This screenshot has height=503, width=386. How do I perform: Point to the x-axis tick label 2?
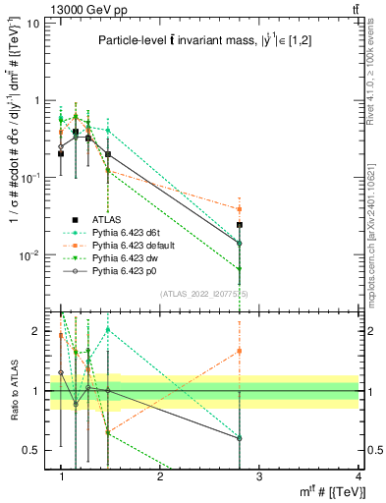[160, 476]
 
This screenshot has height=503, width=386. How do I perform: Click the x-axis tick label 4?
[358, 476]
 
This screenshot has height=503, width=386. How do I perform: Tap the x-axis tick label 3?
[258, 476]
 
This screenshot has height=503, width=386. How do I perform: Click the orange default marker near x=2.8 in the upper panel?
[239, 208]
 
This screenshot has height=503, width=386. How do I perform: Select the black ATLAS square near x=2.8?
[239, 225]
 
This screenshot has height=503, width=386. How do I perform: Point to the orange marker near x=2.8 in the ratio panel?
[239, 351]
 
